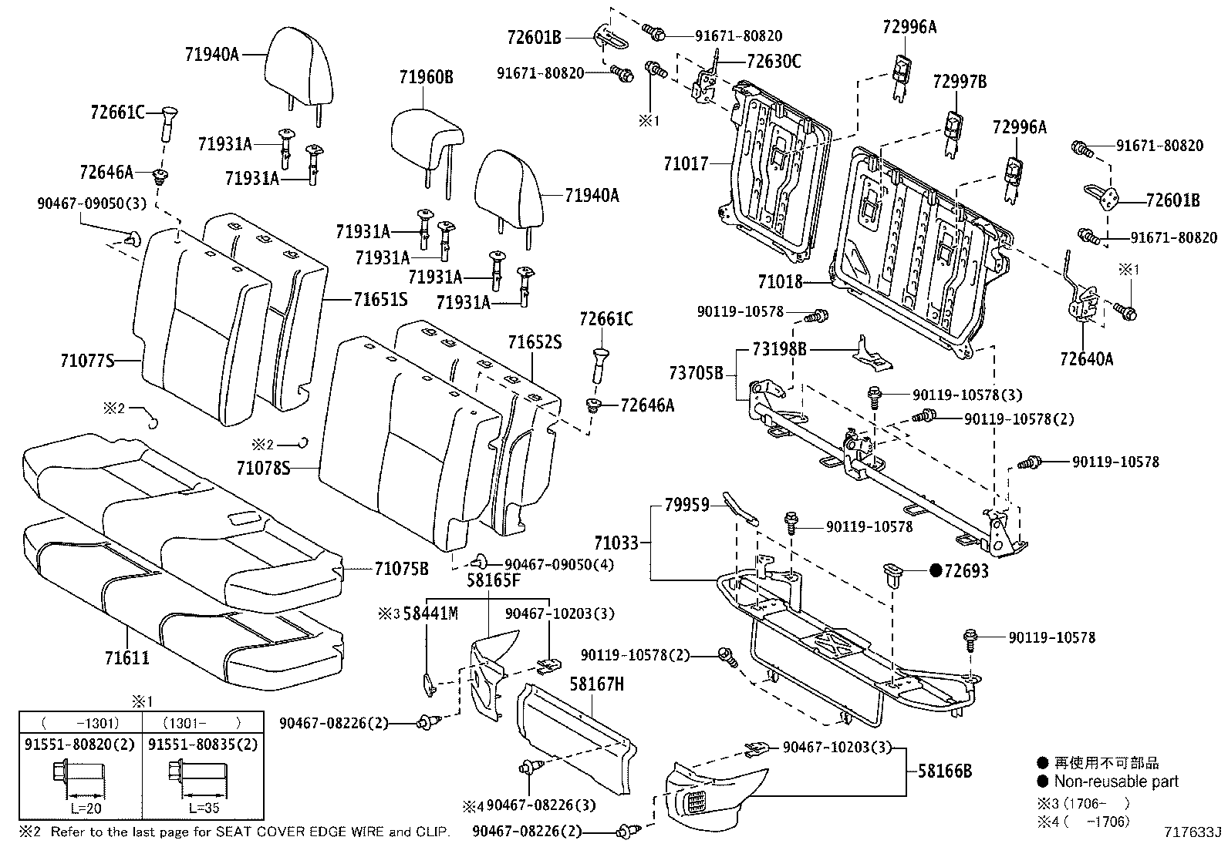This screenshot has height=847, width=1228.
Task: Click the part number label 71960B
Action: (x=426, y=77)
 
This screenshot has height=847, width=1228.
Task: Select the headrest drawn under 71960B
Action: (x=427, y=139)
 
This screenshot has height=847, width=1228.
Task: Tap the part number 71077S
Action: (x=87, y=360)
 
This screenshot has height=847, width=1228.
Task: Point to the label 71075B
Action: (x=401, y=569)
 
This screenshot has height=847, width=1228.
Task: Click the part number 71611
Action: (x=127, y=658)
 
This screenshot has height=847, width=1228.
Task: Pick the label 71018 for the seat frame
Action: (x=780, y=283)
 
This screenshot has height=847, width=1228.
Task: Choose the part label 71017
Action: (x=686, y=163)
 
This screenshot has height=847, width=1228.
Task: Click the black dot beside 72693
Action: (x=936, y=571)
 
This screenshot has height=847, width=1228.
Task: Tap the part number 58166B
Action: (x=944, y=771)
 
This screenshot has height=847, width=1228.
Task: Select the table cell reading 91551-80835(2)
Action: (x=202, y=745)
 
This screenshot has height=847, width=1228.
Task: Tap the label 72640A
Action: (x=1086, y=358)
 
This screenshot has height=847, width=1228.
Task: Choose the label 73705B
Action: (x=696, y=374)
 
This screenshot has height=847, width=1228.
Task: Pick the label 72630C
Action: (x=774, y=62)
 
